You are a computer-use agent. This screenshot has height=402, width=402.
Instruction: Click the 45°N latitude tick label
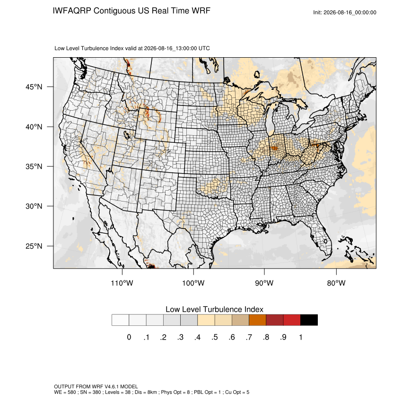pyautogui.click(x=34, y=87)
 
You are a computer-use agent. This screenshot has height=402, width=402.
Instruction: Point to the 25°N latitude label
pyautogui.click(x=34, y=246)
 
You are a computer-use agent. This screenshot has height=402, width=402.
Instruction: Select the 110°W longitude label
pyautogui.click(x=122, y=283)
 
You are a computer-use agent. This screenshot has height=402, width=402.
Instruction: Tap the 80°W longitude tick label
pyautogui.click(x=336, y=283)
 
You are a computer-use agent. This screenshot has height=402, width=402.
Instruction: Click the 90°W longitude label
pyautogui.click(x=264, y=283)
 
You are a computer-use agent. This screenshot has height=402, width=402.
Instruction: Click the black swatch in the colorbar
pyautogui.click(x=309, y=320)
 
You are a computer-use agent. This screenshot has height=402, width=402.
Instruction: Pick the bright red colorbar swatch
pyautogui.click(x=292, y=320)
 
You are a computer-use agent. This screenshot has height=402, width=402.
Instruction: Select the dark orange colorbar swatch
pyautogui.click(x=257, y=320)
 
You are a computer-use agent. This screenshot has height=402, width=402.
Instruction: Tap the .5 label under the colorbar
pyautogui.click(x=215, y=337)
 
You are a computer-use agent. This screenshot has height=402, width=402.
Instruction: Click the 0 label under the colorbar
pyautogui.click(x=129, y=337)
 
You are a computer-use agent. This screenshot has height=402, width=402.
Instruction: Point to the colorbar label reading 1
pyautogui.click(x=300, y=337)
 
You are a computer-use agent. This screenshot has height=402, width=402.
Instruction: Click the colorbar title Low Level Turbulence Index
pyautogui.click(x=214, y=309)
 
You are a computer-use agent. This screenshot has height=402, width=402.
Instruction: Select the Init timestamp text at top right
pyautogui.click(x=345, y=12)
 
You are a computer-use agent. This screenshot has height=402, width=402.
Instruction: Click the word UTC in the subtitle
pyautogui.click(x=204, y=48)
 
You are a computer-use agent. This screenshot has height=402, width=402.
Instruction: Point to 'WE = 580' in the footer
pyautogui.click(x=65, y=392)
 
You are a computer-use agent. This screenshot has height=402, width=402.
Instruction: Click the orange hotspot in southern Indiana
pyautogui.click(x=274, y=148)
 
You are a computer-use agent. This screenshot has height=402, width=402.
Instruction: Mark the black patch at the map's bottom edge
pyautogui.click(x=152, y=267)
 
